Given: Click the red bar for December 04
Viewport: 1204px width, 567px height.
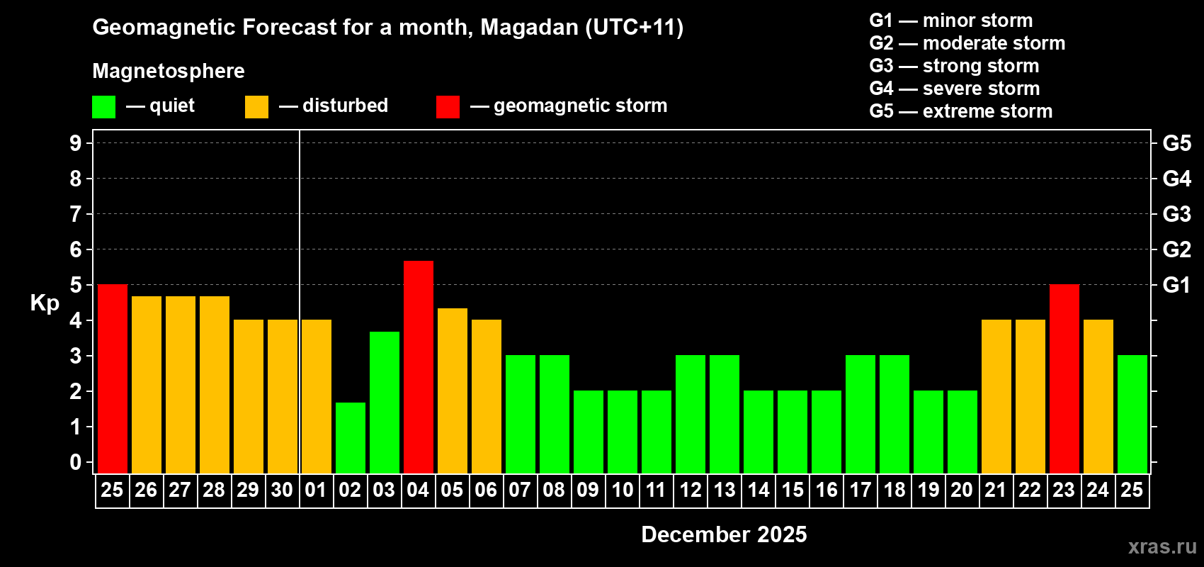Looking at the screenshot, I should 419,366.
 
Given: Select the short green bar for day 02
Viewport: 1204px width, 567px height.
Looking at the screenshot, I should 351,437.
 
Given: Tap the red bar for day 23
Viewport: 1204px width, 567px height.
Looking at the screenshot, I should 1064,378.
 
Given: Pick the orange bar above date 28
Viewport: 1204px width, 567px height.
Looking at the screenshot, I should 215,384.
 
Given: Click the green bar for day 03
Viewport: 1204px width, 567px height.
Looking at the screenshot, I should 385,402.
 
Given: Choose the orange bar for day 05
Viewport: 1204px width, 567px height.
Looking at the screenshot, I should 453,390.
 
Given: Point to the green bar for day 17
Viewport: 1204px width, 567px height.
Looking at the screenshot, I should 861,414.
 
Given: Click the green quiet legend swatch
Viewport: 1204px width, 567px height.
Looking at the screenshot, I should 103,107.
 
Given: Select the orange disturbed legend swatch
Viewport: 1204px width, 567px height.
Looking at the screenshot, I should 256,107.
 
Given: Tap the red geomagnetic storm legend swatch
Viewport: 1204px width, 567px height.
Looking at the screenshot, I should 448,107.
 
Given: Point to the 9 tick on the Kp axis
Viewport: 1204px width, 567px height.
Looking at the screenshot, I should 76,143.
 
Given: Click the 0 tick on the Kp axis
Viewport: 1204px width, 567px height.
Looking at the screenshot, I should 76,463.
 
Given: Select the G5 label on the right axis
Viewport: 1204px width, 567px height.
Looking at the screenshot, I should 1176,143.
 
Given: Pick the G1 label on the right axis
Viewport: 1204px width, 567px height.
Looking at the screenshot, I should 1176,285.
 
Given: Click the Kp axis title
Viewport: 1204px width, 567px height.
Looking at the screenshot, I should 45,303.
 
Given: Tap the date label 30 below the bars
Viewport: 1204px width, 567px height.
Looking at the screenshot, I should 282,490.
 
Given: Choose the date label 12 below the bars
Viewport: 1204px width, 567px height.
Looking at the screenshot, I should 691,490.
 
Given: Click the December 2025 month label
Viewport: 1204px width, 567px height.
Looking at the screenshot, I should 724,534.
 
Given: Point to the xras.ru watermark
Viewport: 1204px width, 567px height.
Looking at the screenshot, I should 1162,546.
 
